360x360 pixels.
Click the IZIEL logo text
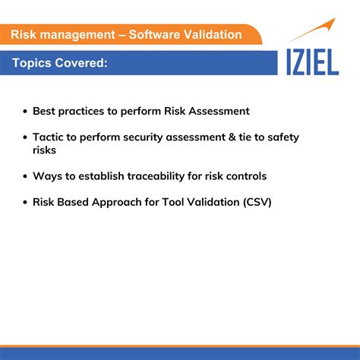[x=312, y=62]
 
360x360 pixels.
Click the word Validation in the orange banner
[x=214, y=34]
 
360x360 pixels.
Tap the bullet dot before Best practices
[x=24, y=112]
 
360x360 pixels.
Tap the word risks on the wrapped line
[x=45, y=150]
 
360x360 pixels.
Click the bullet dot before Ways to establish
[x=24, y=177]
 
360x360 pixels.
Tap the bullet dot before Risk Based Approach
[x=24, y=203]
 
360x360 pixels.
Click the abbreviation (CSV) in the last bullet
[x=256, y=202]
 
